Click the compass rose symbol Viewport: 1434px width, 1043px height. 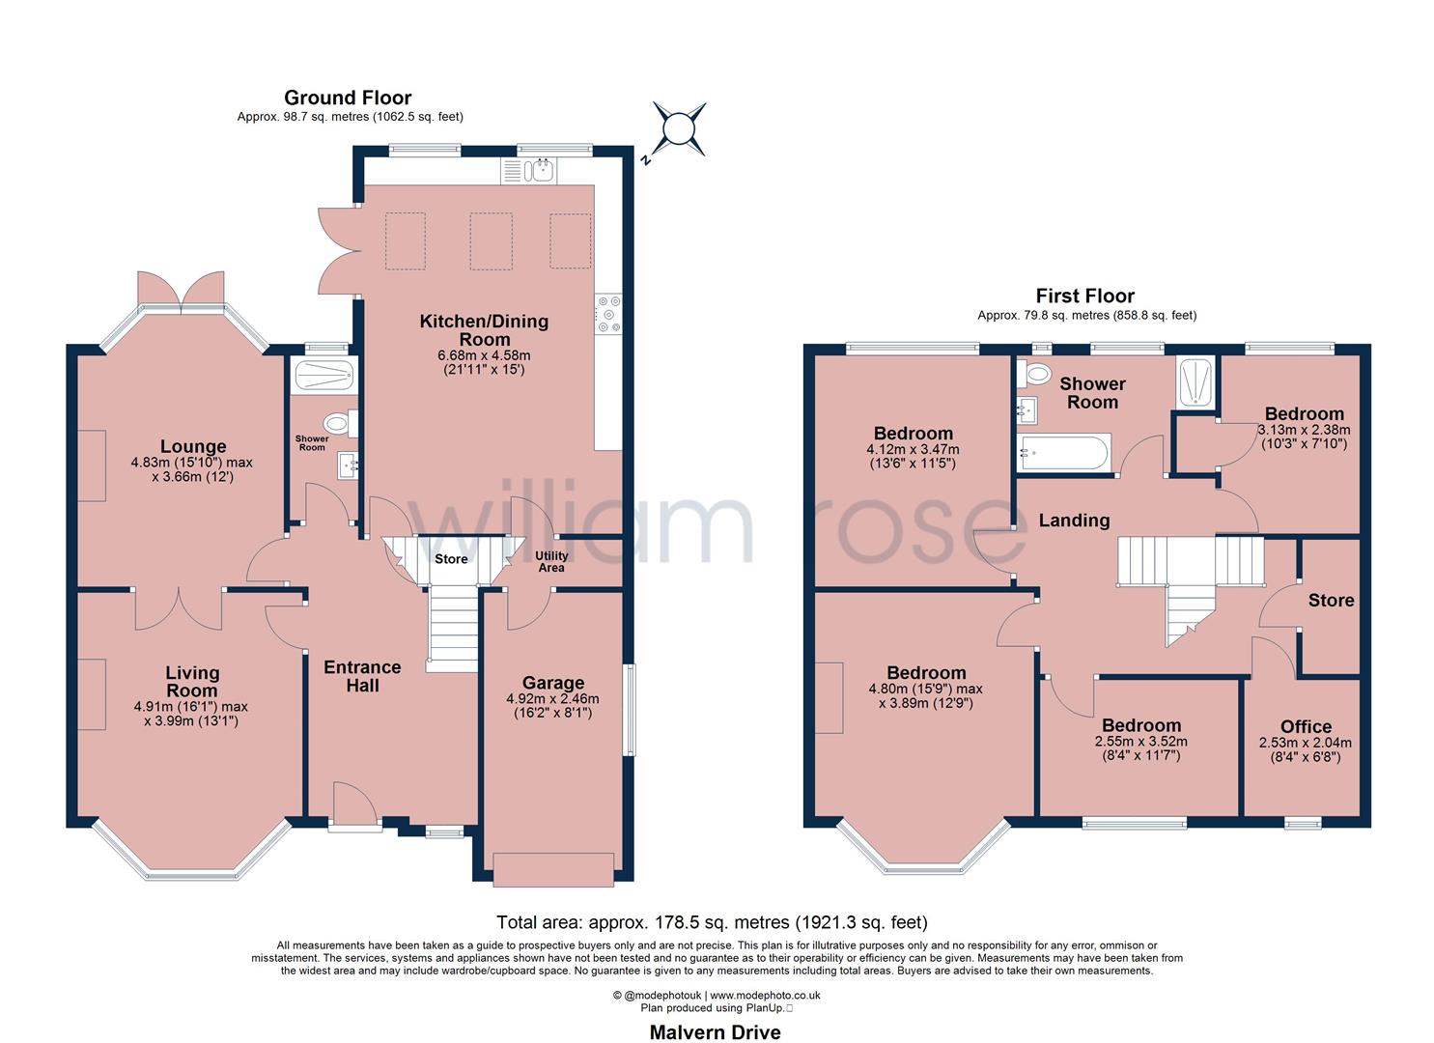click(680, 128)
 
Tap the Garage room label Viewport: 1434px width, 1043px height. click(552, 684)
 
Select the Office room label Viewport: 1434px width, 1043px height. click(1306, 727)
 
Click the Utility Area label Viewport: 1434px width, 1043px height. click(551, 562)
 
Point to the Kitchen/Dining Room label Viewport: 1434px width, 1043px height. click(484, 330)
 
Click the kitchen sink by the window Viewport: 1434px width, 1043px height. click(540, 171)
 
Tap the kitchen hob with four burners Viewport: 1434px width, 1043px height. click(609, 313)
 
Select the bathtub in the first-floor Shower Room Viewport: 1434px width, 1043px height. click(1063, 453)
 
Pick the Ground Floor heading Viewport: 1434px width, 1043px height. click(348, 98)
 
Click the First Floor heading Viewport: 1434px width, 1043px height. click(1085, 296)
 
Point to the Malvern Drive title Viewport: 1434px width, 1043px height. click(715, 1032)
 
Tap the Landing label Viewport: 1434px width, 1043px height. click(1074, 521)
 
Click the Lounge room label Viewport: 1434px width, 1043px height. click(193, 446)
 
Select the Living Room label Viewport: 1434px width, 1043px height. click(192, 682)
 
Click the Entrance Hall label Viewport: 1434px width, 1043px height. click(362, 676)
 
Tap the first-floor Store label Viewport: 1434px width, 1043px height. click(1331, 600)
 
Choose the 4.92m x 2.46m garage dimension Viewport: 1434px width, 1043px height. click(552, 699)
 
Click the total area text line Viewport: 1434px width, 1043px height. click(712, 922)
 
